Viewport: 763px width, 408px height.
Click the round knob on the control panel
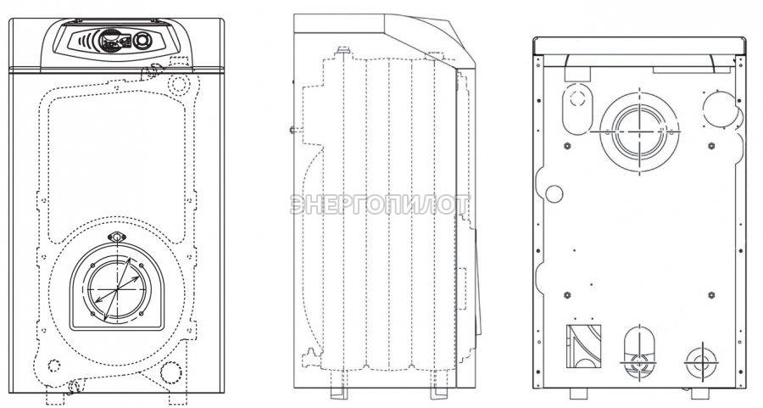point(142,41)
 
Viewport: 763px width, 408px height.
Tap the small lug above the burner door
point(117,238)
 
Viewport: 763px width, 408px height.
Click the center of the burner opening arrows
point(117,289)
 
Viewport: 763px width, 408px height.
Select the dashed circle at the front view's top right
point(179,84)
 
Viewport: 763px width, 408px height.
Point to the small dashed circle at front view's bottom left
point(53,365)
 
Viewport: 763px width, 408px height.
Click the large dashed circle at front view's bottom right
point(170,372)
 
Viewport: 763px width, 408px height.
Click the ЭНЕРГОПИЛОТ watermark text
point(380,204)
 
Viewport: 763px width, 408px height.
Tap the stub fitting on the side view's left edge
point(293,130)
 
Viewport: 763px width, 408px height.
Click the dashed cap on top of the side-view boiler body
point(343,50)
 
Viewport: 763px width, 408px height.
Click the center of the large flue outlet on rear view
point(639,131)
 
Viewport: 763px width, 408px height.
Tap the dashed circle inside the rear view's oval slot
point(577,98)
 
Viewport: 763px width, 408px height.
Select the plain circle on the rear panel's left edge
point(554,193)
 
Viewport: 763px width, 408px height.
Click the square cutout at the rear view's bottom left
point(583,347)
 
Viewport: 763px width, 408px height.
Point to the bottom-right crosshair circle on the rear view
point(701,363)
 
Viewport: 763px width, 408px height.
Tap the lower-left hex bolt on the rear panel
point(567,295)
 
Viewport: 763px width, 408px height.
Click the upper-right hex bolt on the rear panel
point(711,146)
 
